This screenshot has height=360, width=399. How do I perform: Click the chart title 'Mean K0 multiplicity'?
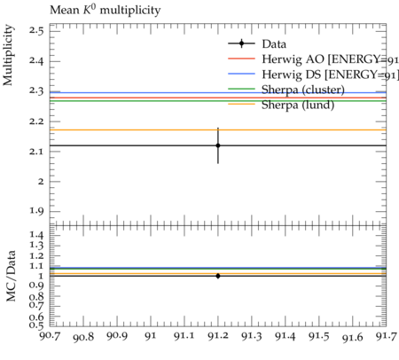[106, 10]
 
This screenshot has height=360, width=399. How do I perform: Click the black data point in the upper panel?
[218, 145]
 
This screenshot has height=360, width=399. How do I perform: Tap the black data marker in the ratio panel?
[218, 276]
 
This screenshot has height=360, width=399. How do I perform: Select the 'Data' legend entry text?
[274, 44]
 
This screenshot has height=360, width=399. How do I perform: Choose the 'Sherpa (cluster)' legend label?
[303, 90]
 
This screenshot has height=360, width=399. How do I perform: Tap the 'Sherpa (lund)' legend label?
[298, 105]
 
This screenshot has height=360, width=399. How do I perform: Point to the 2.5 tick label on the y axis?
[36, 30]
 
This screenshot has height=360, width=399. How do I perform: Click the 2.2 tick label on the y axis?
[36, 121]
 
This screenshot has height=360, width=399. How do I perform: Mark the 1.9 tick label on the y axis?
[36, 211]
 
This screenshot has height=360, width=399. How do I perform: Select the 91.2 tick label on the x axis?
[218, 336]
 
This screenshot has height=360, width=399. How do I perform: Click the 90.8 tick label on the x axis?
[83, 337]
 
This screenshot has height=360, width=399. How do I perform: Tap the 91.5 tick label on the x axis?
[319, 336]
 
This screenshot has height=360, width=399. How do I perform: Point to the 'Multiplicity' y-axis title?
[8, 55]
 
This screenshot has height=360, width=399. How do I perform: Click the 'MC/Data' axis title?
[11, 276]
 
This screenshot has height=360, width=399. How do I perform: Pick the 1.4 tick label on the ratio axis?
[36, 235]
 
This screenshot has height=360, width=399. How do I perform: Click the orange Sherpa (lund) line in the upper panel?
[218, 129]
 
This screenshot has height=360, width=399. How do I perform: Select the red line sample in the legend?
[241, 59]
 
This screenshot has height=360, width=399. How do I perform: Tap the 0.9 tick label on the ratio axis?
[36, 286]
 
